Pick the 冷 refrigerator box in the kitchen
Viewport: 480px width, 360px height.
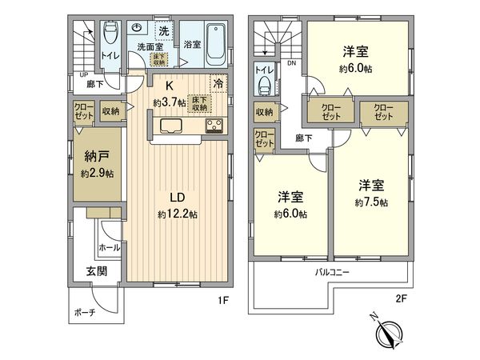click(x=218, y=81)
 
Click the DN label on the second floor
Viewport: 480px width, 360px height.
click(x=292, y=63)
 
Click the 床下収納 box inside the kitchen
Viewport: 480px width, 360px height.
click(x=199, y=102)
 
